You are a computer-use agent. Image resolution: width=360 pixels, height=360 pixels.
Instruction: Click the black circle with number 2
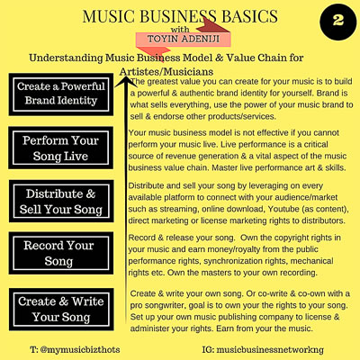click(338, 22)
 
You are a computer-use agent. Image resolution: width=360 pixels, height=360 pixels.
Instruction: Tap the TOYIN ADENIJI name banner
click(184, 39)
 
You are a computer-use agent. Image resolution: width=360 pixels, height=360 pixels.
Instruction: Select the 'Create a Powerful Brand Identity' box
click(61, 94)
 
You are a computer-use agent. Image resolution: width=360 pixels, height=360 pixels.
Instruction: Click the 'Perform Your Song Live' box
click(61, 148)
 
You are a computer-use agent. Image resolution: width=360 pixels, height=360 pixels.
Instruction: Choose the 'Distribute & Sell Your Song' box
click(61, 201)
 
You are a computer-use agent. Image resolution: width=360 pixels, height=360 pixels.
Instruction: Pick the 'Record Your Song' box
click(61, 253)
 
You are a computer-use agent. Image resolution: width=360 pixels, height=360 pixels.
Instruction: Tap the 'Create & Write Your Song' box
click(61, 310)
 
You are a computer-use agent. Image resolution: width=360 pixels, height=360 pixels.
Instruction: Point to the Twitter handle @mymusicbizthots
click(75, 349)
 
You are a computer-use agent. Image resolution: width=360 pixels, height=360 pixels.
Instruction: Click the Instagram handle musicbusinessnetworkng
click(263, 349)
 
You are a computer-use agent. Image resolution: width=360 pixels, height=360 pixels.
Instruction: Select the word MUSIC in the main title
click(108, 16)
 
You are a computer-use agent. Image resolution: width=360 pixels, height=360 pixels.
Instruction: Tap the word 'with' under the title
click(180, 30)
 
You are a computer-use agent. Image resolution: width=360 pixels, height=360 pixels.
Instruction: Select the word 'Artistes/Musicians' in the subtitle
click(166, 72)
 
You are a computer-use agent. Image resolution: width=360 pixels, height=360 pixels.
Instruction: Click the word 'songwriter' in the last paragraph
click(166, 305)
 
